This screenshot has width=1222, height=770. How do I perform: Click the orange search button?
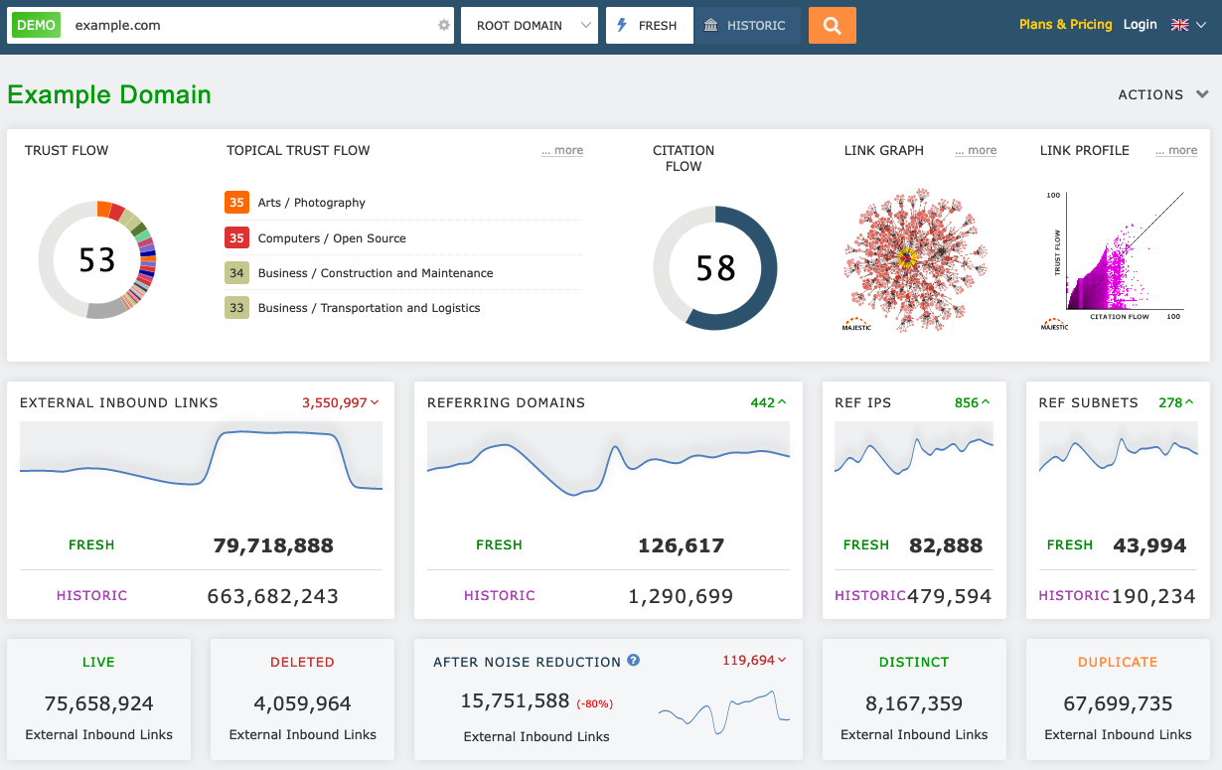[x=832, y=26]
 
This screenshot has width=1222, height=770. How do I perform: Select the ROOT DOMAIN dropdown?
[x=529, y=26]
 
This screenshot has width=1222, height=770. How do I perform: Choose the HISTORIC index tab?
[x=746, y=26]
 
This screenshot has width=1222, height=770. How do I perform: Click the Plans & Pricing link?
[x=1065, y=25]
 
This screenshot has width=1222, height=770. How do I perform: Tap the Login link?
[x=1140, y=25]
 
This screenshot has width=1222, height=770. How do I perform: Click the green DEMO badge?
[x=36, y=26]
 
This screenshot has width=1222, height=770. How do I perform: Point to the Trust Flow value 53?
[x=97, y=260]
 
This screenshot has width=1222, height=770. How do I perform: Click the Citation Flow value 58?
[x=715, y=268]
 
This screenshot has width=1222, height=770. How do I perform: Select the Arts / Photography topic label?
[x=311, y=203]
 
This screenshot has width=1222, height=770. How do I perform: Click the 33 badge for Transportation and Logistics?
[x=236, y=308]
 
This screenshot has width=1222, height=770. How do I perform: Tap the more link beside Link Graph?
[x=976, y=151]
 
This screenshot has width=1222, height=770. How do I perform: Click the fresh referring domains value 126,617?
[x=681, y=545]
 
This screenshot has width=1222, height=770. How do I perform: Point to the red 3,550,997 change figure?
[x=335, y=402]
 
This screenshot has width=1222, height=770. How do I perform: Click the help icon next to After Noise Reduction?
[x=634, y=661]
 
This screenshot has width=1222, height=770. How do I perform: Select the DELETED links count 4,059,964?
[x=302, y=704]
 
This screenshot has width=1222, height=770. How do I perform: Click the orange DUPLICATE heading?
[x=1118, y=662]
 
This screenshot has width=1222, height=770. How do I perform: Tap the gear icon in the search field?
[x=444, y=26]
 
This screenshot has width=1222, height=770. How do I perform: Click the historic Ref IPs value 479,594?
[x=950, y=596]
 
